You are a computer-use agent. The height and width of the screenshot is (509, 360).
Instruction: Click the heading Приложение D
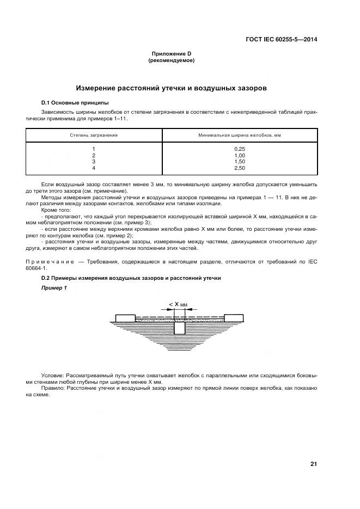172,54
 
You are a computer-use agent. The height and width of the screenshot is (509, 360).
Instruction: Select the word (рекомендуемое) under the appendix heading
172,60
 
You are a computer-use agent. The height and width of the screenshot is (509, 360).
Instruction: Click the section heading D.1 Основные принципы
75,102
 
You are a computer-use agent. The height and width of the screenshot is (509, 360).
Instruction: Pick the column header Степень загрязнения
94,134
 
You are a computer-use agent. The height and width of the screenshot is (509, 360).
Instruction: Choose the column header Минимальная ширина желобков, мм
240,134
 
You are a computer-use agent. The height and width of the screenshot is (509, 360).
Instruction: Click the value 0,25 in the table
240,149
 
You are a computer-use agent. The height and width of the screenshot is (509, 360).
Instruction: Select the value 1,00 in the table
240,155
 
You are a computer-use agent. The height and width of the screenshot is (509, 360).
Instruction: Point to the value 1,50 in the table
240,162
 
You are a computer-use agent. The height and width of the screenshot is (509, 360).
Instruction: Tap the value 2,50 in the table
240,168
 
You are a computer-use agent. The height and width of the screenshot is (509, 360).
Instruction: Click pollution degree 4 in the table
94,168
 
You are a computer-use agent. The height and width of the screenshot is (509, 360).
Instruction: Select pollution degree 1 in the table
94,149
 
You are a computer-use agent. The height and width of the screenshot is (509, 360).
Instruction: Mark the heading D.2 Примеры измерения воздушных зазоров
131,278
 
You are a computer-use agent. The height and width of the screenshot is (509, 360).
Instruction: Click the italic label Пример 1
54,288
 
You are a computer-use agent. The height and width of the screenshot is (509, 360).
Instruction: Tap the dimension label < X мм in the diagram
178,305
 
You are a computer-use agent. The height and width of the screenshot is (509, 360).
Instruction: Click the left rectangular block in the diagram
125,317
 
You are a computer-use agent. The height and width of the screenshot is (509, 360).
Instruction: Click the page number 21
314,464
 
